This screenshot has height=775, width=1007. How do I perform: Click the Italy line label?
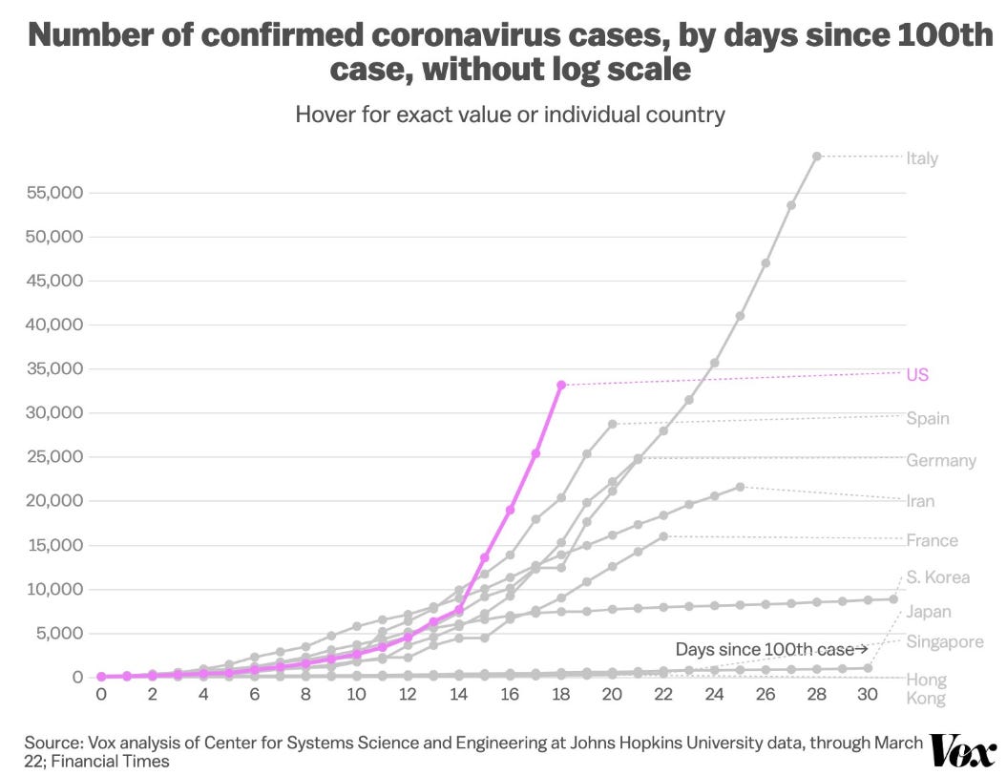click(x=922, y=157)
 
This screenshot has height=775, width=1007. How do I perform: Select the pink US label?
click(x=917, y=374)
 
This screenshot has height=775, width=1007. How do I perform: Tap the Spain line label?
click(x=927, y=418)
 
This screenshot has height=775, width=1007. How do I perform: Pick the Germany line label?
click(x=941, y=460)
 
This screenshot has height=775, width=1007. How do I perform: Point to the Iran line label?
click(x=921, y=500)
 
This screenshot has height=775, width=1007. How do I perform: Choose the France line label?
click(x=932, y=540)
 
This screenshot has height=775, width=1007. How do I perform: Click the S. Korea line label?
click(x=937, y=576)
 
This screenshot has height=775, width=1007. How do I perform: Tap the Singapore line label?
click(x=944, y=641)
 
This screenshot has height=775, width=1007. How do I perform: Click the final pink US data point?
click(x=561, y=385)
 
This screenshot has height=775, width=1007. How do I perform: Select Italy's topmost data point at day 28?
click(x=817, y=156)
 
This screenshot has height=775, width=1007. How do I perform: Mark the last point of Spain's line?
click(x=613, y=424)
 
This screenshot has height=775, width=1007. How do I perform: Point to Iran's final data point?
click(x=741, y=487)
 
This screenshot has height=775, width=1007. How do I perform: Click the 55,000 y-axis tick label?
click(x=53, y=193)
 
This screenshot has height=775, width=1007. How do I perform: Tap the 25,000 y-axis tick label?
click(x=53, y=457)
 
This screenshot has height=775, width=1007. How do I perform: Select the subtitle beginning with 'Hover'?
click(x=510, y=115)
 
